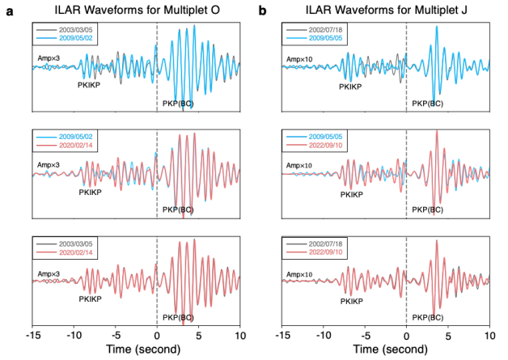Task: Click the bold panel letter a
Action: coord(11,11)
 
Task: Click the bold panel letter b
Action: coord(261,11)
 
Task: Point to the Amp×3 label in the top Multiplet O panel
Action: coord(49,58)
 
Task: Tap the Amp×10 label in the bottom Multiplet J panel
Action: coord(299,274)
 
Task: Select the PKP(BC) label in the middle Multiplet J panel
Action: coord(427,210)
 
